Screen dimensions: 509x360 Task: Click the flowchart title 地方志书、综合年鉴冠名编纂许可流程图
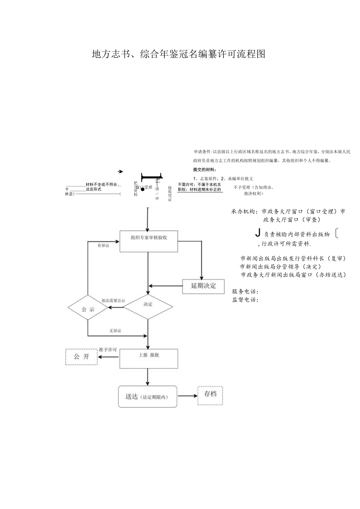coord(178,54)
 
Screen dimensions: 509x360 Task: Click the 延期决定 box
coord(203,286)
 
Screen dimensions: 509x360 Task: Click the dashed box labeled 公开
coord(81,356)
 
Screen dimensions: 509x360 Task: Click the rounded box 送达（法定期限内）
coord(148,397)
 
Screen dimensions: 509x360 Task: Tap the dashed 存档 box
coord(210,395)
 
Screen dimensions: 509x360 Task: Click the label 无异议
coord(115,331)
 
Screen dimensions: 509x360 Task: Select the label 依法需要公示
coord(113,300)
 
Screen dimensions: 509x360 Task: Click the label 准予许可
coord(108,349)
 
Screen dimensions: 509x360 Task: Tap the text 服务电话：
coord(245,291)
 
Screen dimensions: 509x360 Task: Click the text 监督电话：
coord(245,300)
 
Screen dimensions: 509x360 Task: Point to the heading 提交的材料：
coord(205,169)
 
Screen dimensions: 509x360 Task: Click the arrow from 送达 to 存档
coord(187,396)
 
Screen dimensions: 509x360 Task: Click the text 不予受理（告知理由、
coord(254,187)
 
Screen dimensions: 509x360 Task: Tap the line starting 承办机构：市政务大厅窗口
coord(288,211)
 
